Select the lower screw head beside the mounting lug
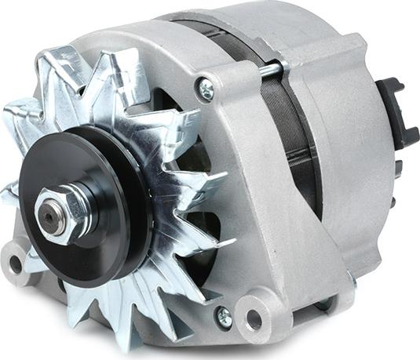(x=223, y=315)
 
